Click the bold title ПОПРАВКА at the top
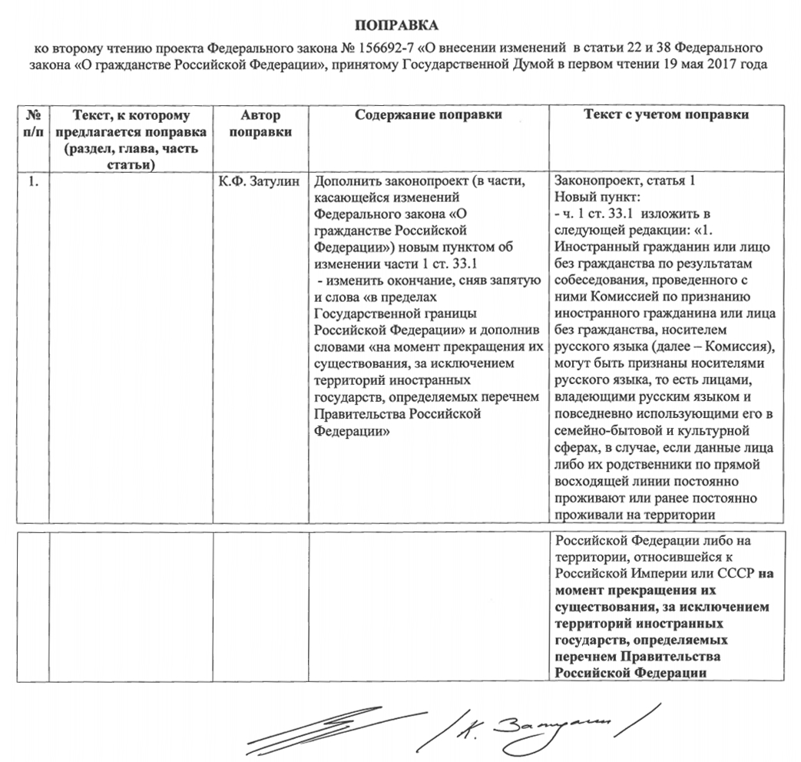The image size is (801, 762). click(x=399, y=27)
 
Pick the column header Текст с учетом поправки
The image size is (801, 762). click(x=666, y=115)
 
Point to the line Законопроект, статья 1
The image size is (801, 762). click(x=624, y=181)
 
